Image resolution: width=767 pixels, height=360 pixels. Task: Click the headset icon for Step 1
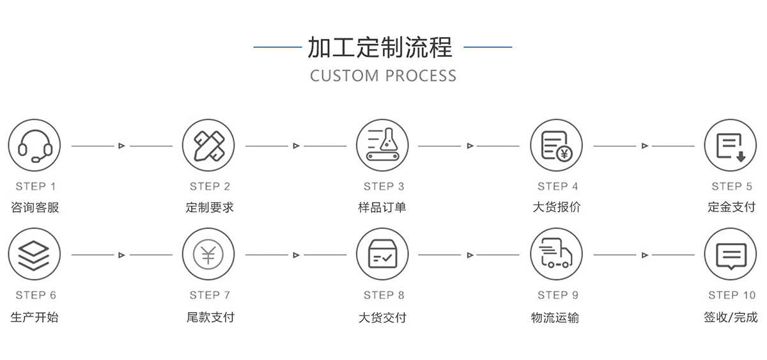click(x=35, y=146)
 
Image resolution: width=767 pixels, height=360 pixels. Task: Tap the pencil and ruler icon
click(x=208, y=146)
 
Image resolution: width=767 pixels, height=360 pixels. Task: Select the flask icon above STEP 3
click(x=382, y=146)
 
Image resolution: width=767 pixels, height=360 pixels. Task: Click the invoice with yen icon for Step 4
click(x=556, y=146)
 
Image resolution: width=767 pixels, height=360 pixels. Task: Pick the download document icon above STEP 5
click(x=730, y=146)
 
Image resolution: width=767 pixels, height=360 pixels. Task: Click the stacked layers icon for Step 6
click(x=35, y=254)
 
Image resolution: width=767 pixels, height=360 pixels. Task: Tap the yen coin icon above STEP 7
click(x=208, y=254)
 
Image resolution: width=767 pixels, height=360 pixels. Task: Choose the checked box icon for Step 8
click(x=382, y=254)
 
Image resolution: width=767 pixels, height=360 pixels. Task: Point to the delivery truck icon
click(x=556, y=254)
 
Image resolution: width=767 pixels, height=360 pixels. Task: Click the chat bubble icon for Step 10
click(x=730, y=254)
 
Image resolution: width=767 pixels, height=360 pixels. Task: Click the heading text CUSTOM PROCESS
click(x=383, y=75)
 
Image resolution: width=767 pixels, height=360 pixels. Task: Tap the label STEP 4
click(x=557, y=187)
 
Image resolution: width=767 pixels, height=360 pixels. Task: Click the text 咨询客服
click(x=35, y=207)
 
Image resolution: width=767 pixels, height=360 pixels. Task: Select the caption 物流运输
click(x=555, y=317)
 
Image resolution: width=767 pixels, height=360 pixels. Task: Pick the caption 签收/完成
click(x=731, y=317)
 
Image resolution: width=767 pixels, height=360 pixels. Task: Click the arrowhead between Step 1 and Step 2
click(x=121, y=146)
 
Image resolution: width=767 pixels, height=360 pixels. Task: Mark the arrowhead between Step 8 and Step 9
click(x=470, y=255)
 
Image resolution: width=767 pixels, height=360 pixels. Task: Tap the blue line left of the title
click(x=277, y=47)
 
